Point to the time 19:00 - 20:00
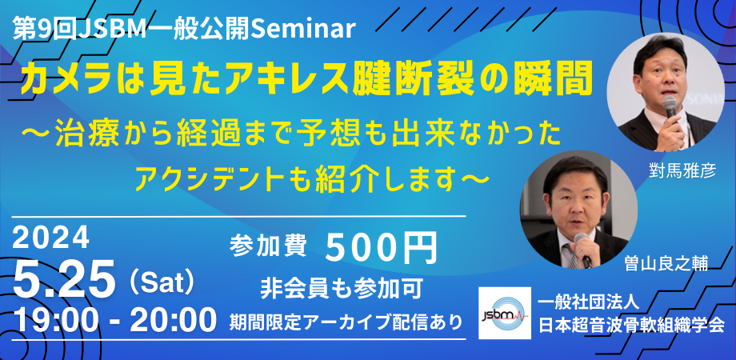click(115, 321)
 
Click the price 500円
click(382, 248)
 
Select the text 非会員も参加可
click(335, 286)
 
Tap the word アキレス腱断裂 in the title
click(355, 78)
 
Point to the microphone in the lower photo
click(582, 258)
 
